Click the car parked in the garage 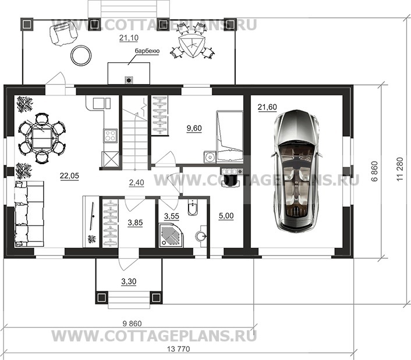tap(296, 171)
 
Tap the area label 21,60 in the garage tap(267, 107)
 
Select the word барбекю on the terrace tap(147, 51)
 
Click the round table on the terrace tap(82, 55)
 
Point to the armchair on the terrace tap(63, 32)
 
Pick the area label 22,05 tap(69, 176)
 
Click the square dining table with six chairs tap(42, 138)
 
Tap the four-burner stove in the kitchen tap(111, 136)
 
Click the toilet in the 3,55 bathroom tap(193, 208)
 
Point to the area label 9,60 tap(194, 129)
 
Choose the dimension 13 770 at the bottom tap(178, 349)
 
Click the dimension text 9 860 tap(132, 323)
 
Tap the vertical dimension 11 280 tap(400, 169)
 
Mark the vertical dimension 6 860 tap(375, 171)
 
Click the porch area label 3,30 tap(129, 281)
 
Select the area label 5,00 tap(226, 216)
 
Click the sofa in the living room tap(29, 214)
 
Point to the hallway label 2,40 tap(137, 182)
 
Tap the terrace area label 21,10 tap(129, 38)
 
